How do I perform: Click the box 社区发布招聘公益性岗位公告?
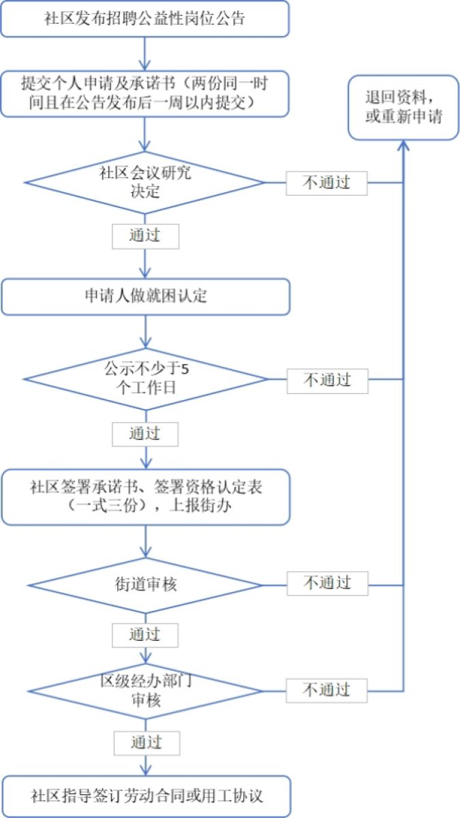(x=144, y=19)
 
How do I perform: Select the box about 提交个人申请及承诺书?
(x=144, y=94)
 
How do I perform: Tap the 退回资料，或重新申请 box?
(x=403, y=107)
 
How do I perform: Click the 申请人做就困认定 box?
(x=144, y=297)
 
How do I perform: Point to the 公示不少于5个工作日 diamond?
(x=144, y=379)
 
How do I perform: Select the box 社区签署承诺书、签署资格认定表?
(x=144, y=497)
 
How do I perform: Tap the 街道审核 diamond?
(x=144, y=584)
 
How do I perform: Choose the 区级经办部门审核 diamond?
(x=144, y=691)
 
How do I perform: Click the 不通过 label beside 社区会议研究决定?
(x=326, y=183)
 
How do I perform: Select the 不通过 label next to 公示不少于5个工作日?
(x=326, y=380)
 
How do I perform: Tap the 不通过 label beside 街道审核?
(x=326, y=583)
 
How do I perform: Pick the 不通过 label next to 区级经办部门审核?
(x=326, y=690)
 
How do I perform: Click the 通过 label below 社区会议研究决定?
(x=145, y=236)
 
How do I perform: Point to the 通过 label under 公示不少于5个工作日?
(x=145, y=434)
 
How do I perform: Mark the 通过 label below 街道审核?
(x=145, y=635)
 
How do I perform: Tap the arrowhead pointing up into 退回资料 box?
(x=404, y=146)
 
